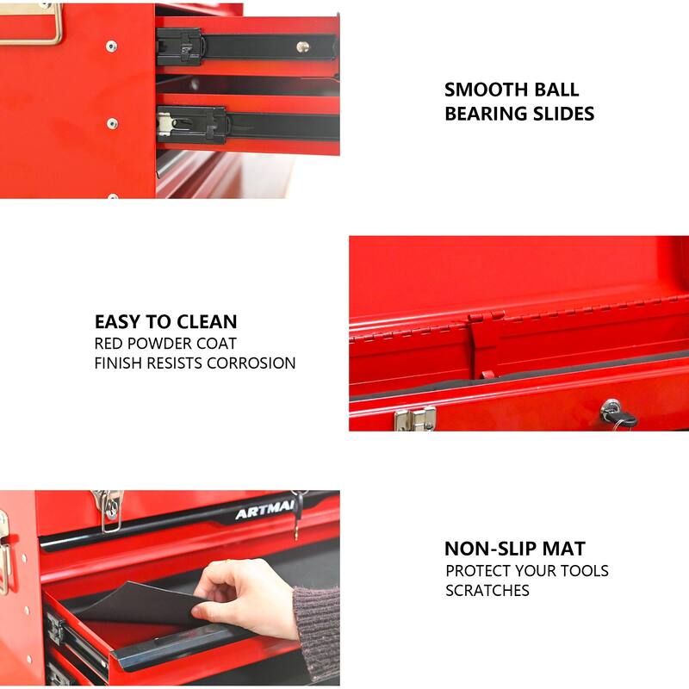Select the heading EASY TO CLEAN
165,322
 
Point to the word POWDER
165,343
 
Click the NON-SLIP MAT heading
514,549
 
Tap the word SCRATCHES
487,591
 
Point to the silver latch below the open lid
414,419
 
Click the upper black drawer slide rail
250,45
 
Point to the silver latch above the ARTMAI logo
109,510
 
